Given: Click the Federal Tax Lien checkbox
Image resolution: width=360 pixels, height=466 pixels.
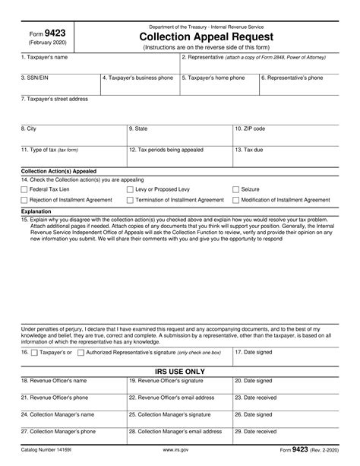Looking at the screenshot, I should (24, 189).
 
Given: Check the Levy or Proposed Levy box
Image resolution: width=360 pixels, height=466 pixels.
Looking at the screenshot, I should (130, 189).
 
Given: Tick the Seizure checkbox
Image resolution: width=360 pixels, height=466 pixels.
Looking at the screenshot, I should (235, 189).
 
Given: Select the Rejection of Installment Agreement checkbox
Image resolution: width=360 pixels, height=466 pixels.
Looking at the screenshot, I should (24, 200).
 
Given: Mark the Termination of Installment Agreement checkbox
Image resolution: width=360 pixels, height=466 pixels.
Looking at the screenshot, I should (130, 200).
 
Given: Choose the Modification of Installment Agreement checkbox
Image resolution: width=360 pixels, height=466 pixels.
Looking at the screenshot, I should (235, 200).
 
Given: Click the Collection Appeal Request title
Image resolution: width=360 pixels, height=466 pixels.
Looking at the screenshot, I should (207, 37).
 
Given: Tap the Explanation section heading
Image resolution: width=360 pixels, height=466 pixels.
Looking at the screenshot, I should (36, 211).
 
